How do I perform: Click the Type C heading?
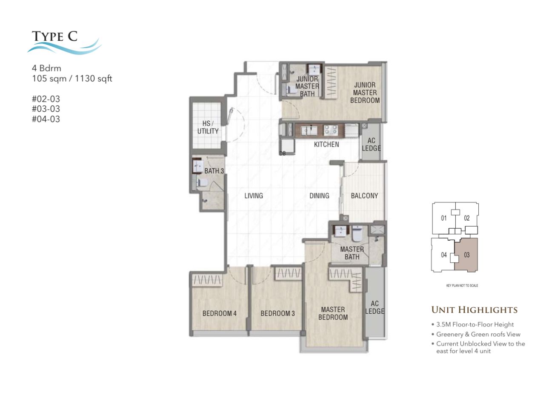coord(54,36)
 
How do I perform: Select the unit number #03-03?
coord(46,109)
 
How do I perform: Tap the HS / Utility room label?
coord(208,127)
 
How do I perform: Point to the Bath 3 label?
coord(214,171)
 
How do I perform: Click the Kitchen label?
coord(326,145)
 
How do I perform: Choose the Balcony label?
coord(364,196)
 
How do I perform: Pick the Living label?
coord(253,196)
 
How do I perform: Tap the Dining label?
coord(319,196)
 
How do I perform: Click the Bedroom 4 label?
coord(219,313)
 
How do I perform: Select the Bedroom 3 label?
coord(277,313)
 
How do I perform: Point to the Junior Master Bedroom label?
coord(365,93)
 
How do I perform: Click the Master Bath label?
coord(352,253)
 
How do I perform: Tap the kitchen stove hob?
coord(331,130)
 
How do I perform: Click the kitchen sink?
coord(309,130)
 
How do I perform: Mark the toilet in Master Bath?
coord(357,234)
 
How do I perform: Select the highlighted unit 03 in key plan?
coord(466,255)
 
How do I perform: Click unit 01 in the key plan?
coord(443,218)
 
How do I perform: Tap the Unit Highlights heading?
coord(474,309)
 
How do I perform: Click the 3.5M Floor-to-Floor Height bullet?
coord(472,324)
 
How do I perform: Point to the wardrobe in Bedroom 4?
coord(207,280)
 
